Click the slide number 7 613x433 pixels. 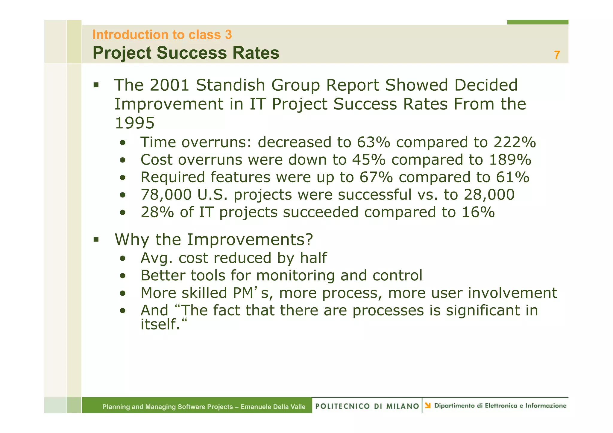[x=557, y=55]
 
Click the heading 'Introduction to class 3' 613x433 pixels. [x=162, y=35]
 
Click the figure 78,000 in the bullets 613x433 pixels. [x=166, y=195]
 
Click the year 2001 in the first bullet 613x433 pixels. [x=169, y=85]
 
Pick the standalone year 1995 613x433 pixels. [x=135, y=123]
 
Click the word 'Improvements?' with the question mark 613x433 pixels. [x=250, y=240]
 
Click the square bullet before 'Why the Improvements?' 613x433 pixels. [x=96, y=239]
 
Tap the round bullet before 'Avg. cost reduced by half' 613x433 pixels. [x=122, y=259]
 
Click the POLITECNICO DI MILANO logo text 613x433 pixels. [x=367, y=406]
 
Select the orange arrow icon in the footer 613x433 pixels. [x=428, y=405]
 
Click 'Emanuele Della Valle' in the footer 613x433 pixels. [x=273, y=407]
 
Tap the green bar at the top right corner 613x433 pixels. [x=538, y=22]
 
